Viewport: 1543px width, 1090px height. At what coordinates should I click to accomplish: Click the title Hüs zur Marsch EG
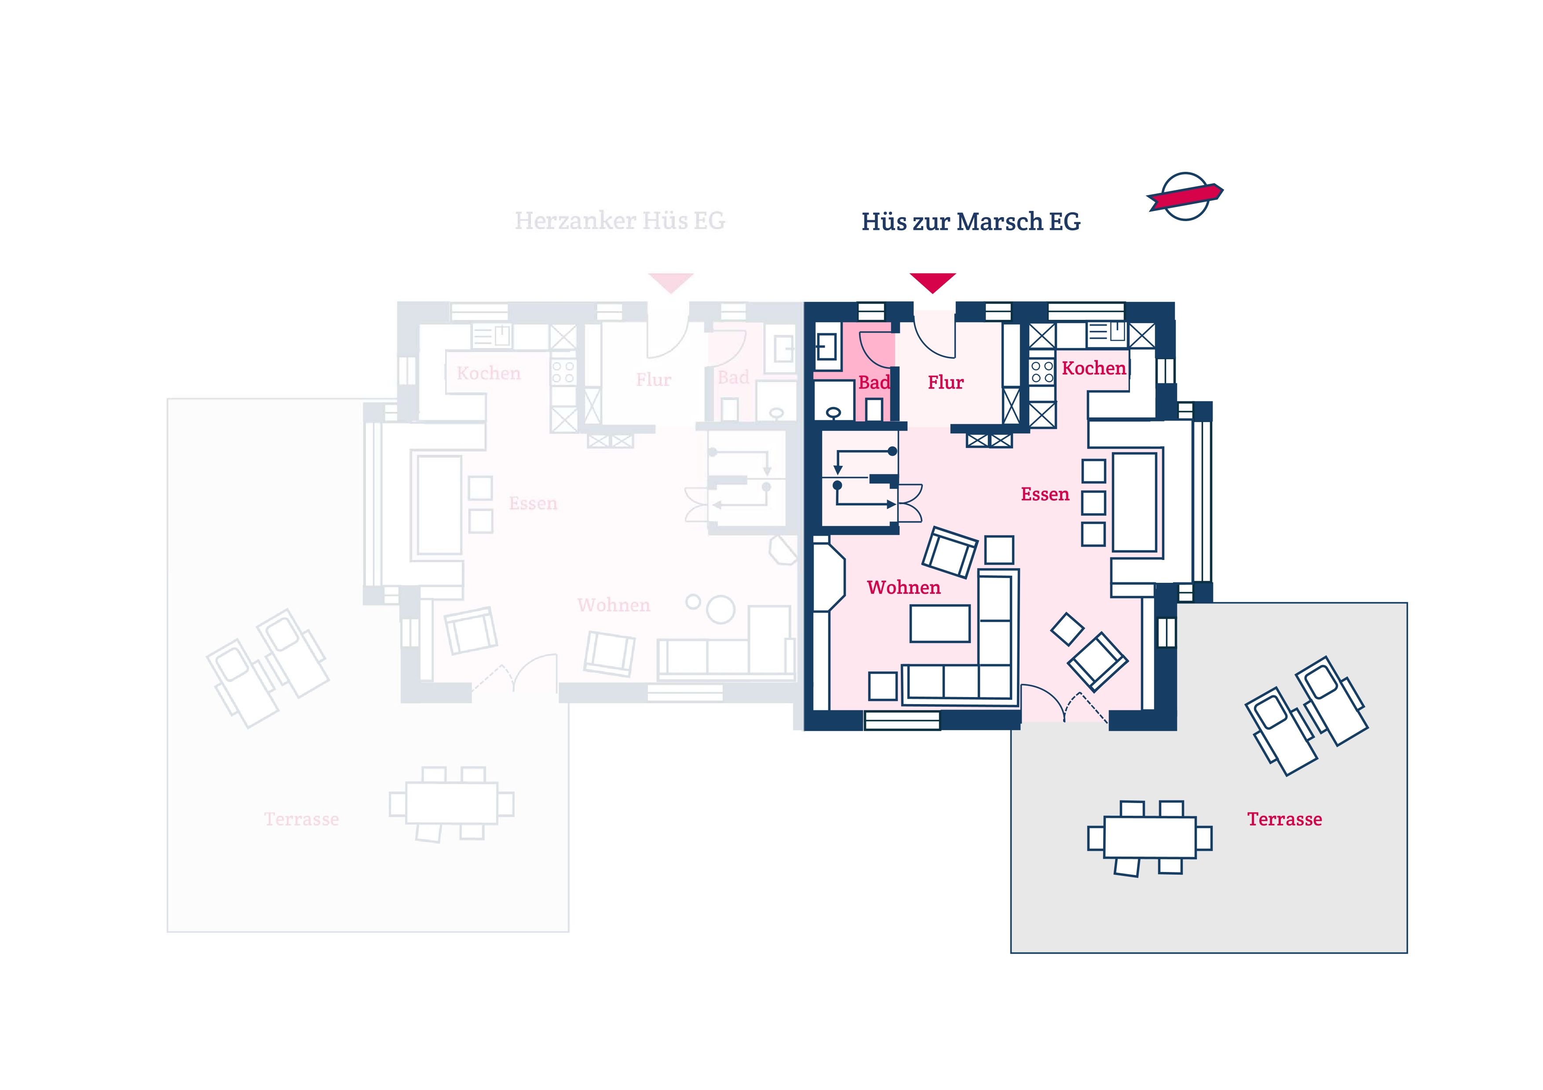[x=970, y=221]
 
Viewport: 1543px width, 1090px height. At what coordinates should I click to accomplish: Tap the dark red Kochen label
[x=1093, y=368]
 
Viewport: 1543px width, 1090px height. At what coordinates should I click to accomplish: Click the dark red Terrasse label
[x=1284, y=819]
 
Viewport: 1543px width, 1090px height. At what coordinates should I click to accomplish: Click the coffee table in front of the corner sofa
[x=940, y=623]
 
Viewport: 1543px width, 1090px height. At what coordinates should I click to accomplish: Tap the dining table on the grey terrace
[x=1149, y=837]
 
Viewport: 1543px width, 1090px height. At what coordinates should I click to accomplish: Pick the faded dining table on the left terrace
[x=452, y=803]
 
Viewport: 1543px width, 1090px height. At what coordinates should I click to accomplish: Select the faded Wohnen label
[x=614, y=605]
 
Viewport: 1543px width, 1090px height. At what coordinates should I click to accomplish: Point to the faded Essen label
[x=533, y=504]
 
